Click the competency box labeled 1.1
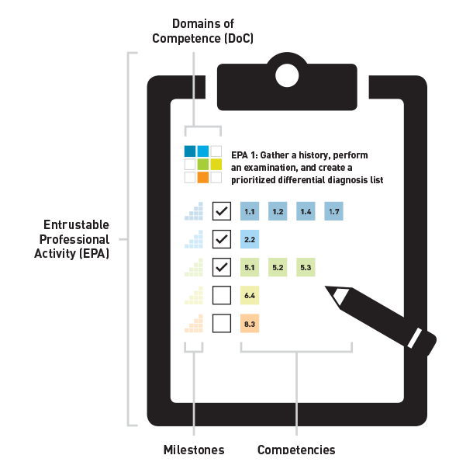coord(250,211)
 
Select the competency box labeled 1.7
coord(333,211)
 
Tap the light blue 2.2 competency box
coord(250,239)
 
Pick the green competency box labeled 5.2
coord(278,267)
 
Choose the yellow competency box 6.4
coord(250,295)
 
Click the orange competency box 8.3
coord(250,323)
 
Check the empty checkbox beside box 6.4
coord(222,295)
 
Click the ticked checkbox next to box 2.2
coord(222,239)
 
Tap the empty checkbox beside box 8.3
coord(222,323)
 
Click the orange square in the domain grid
coord(203,177)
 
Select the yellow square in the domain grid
coord(216,164)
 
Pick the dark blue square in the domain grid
coord(190,151)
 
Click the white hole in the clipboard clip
coord(287,75)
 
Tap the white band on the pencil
coord(415,338)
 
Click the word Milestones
coord(194,450)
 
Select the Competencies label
coord(296,450)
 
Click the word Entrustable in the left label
coord(76,224)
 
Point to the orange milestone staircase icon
coord(194,323)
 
